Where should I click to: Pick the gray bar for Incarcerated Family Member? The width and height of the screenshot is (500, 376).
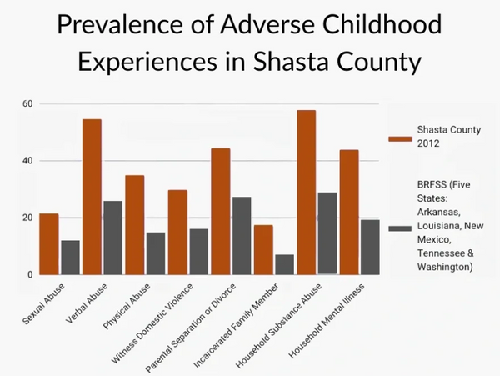(285, 264)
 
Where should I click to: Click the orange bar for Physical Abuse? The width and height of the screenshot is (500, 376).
(135, 224)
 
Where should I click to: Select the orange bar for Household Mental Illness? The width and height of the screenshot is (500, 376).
(349, 212)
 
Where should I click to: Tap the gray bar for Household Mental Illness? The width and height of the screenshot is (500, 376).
(370, 247)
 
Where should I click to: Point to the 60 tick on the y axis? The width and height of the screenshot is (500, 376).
(27, 104)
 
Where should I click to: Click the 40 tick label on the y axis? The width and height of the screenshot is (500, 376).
(27, 161)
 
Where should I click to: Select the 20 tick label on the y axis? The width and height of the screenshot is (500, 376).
(27, 218)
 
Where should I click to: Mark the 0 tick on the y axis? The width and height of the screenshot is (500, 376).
(30, 274)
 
